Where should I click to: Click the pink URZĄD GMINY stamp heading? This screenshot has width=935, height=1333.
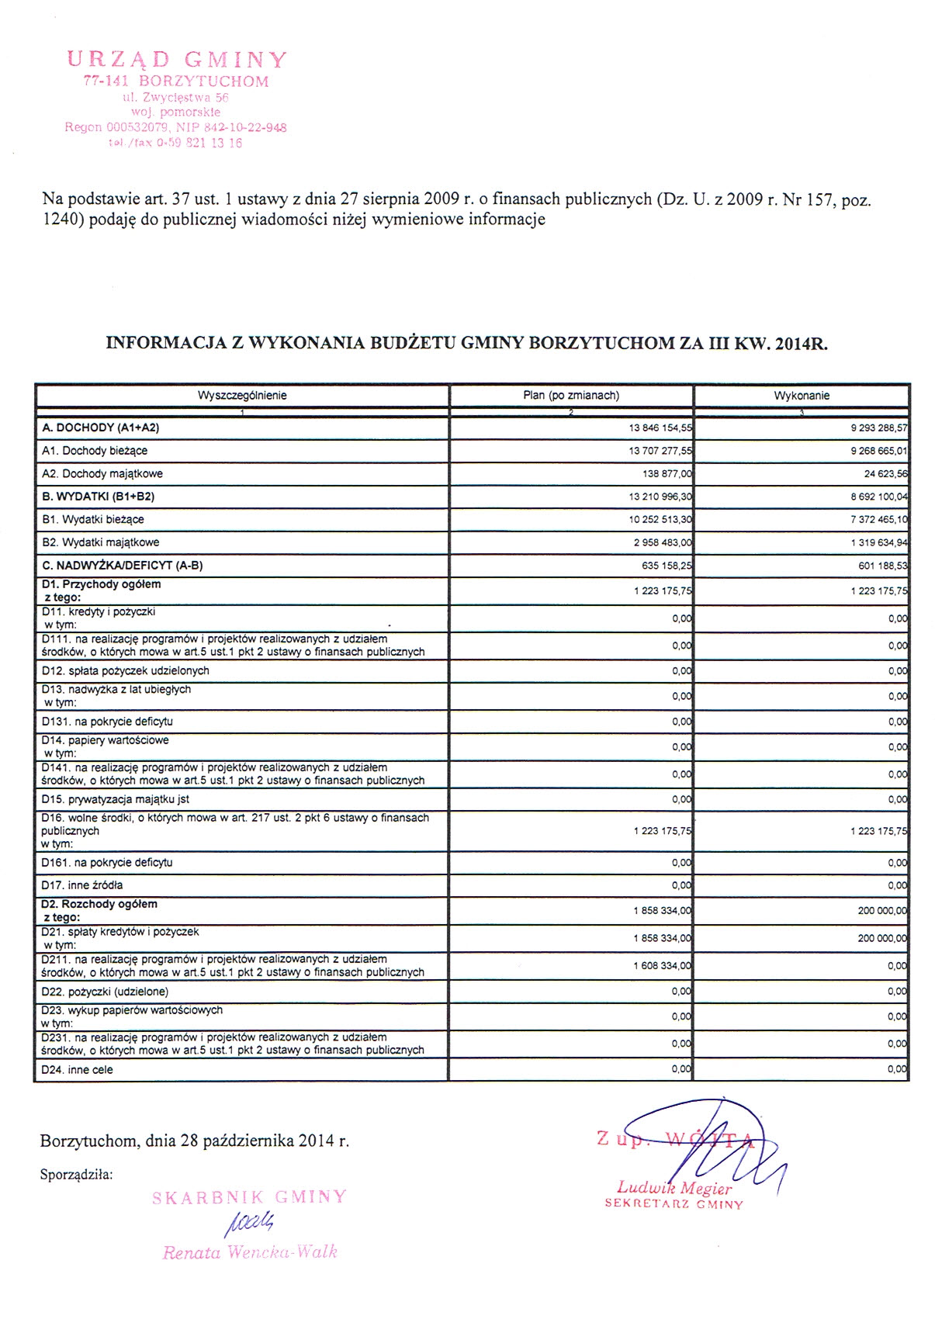click(177, 60)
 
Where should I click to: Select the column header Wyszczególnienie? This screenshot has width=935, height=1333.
click(242, 396)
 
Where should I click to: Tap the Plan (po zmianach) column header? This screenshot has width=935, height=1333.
click(571, 396)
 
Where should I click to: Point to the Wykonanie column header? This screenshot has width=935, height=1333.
click(802, 396)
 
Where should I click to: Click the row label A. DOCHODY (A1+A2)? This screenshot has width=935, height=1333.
click(101, 428)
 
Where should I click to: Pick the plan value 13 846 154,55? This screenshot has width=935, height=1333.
click(660, 428)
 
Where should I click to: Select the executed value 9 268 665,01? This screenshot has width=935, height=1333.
click(878, 451)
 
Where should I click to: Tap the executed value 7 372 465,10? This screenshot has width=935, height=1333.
click(878, 520)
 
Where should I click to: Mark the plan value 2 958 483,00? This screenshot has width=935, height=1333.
click(663, 543)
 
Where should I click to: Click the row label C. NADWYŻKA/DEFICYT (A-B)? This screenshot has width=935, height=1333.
click(123, 566)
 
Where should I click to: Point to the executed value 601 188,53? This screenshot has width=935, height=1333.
click(881, 566)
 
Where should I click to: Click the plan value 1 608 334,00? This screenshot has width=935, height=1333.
click(663, 966)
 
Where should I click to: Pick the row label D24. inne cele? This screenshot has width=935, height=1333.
click(77, 1070)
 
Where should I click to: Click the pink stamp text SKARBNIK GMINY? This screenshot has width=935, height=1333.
click(249, 1197)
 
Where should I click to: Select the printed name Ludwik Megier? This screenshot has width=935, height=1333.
click(674, 1188)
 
